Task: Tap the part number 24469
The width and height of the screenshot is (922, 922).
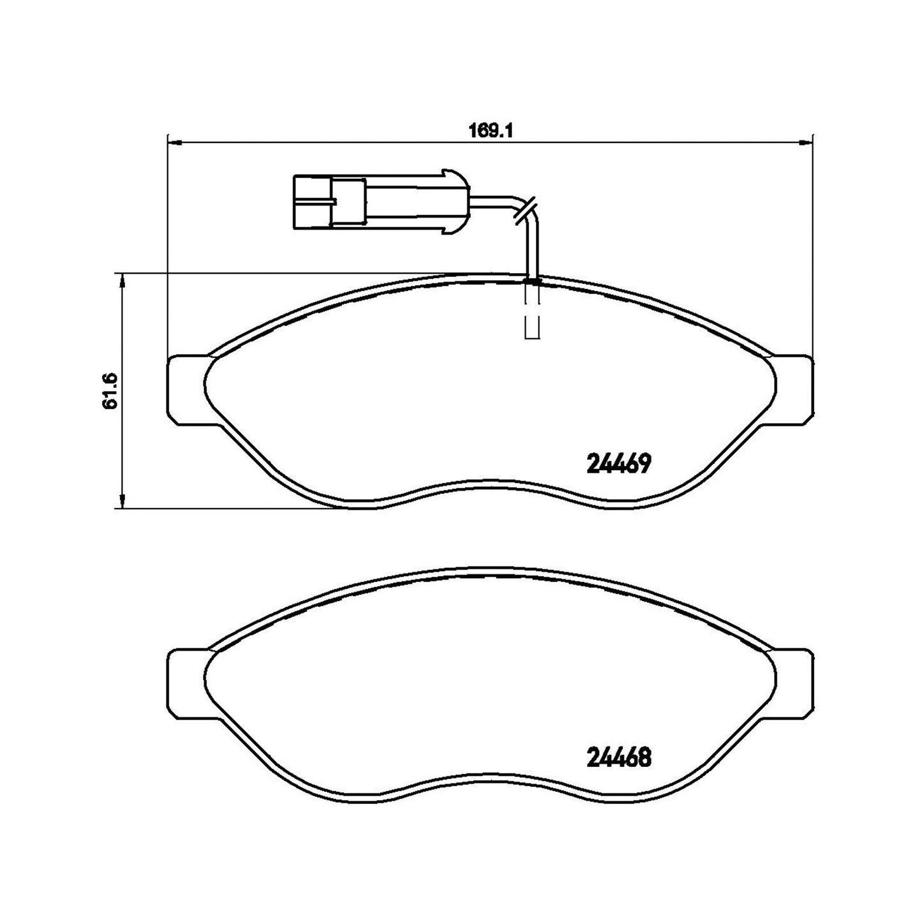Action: [x=619, y=463]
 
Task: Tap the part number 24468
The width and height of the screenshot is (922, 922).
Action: [x=619, y=757]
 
